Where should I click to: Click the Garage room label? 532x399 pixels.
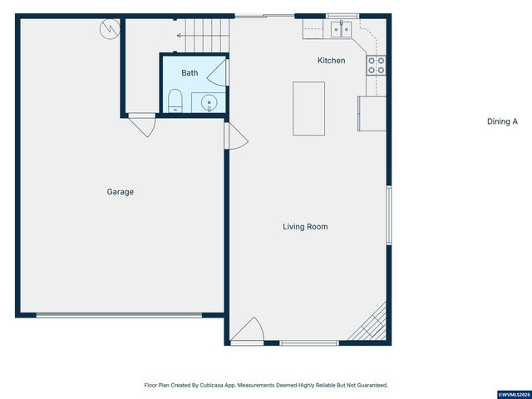pyautogui.click(x=120, y=192)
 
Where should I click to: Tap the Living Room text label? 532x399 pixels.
pyautogui.click(x=305, y=226)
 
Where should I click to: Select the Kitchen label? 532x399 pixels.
pyautogui.click(x=332, y=61)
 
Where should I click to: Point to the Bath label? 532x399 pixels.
pyautogui.click(x=190, y=73)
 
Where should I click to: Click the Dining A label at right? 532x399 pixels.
pyautogui.click(x=502, y=121)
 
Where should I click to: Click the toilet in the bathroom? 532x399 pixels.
pyautogui.click(x=175, y=101)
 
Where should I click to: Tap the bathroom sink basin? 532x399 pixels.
pyautogui.click(x=209, y=104)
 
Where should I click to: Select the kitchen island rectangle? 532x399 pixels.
pyautogui.click(x=308, y=108)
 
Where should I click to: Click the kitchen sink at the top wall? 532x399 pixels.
pyautogui.click(x=340, y=30)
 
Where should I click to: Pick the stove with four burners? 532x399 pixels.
pyautogui.click(x=376, y=65)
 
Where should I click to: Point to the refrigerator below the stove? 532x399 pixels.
pyautogui.click(x=372, y=113)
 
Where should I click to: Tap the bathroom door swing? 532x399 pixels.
pyautogui.click(x=218, y=74)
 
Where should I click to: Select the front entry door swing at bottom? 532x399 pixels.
pyautogui.click(x=248, y=332)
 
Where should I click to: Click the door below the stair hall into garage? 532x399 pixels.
pyautogui.click(x=140, y=126)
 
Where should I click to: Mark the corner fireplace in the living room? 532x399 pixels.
pyautogui.click(x=372, y=325)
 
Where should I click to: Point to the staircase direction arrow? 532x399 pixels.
pyautogui.click(x=180, y=35)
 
